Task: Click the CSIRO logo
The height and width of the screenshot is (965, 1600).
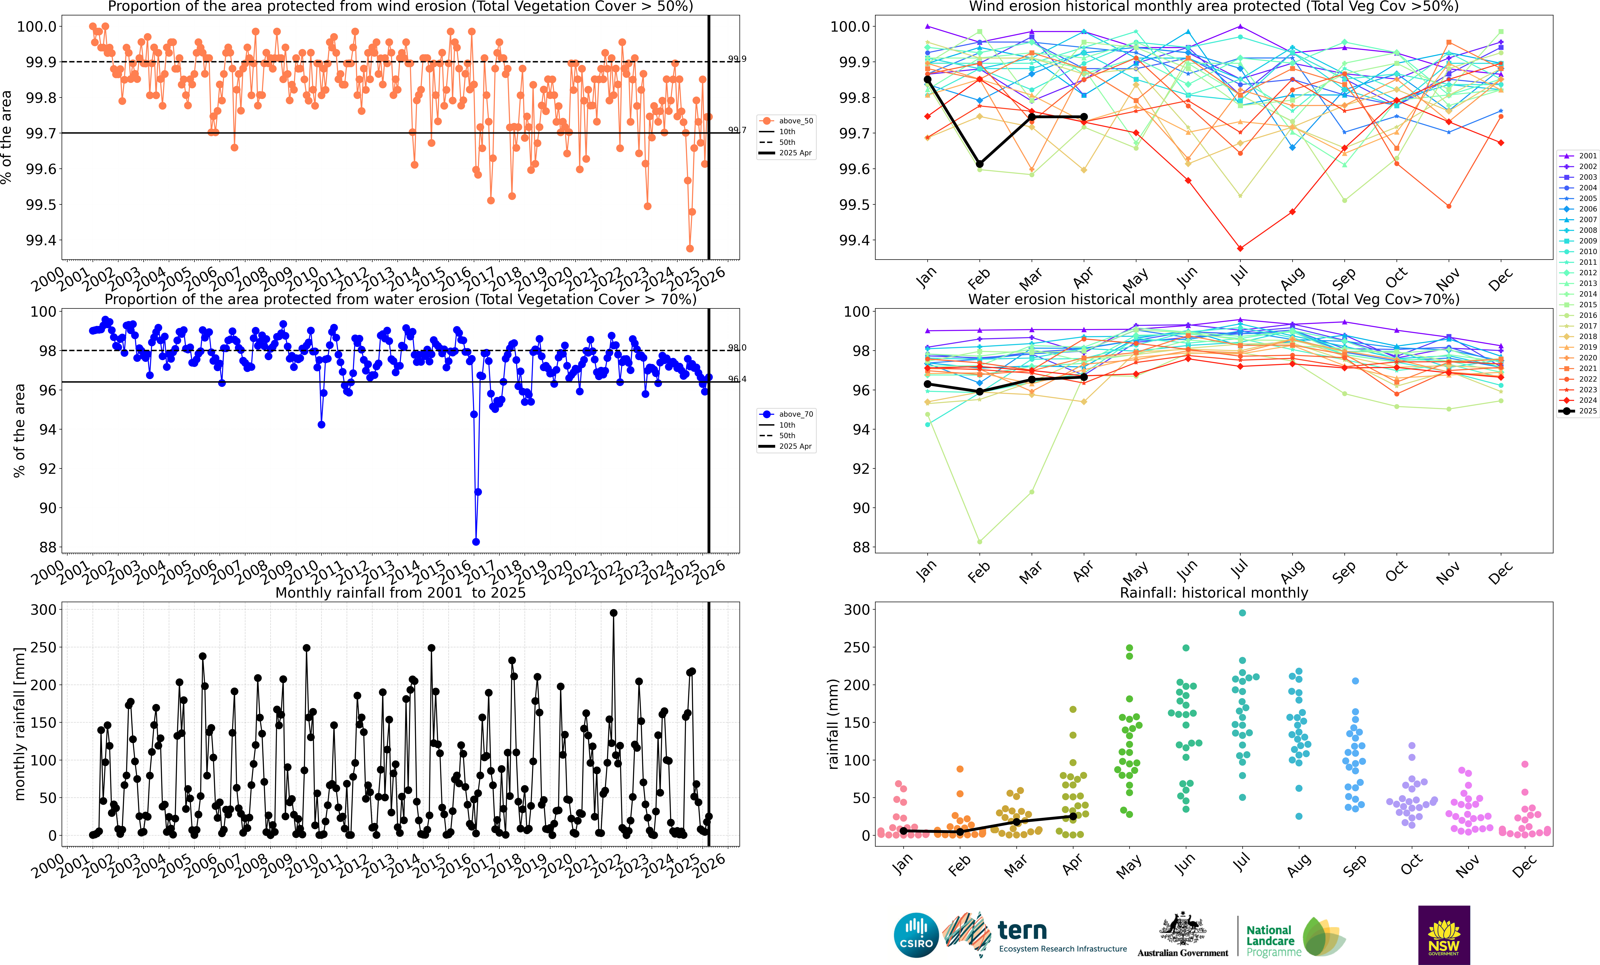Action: click(916, 935)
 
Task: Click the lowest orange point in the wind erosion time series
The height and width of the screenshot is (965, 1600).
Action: click(690, 248)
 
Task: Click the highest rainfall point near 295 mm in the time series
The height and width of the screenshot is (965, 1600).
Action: click(614, 613)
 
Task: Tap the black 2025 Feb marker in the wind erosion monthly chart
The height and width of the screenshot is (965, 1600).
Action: click(980, 164)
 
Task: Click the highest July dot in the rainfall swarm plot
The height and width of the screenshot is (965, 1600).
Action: click(1242, 613)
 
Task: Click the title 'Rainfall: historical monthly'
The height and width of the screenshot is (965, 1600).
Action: click(1214, 593)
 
